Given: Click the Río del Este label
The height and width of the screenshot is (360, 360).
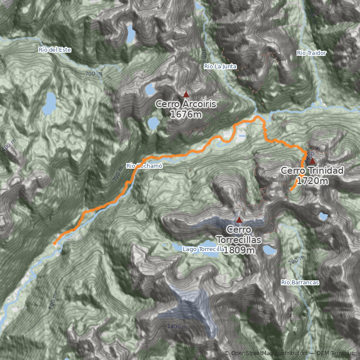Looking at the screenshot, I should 55,49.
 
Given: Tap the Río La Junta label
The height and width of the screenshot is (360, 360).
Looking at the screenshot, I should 220,66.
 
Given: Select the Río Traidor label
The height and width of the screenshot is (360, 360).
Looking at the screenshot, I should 311,53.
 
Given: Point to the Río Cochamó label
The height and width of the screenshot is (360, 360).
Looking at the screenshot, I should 144,166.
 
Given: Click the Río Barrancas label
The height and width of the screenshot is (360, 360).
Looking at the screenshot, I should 300,283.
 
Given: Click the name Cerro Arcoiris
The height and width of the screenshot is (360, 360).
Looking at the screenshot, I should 186,104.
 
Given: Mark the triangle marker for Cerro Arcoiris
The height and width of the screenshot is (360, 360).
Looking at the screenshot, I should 186,94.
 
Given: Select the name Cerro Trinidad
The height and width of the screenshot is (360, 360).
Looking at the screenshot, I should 312,171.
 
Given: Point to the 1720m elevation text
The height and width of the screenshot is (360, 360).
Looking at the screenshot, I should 312,181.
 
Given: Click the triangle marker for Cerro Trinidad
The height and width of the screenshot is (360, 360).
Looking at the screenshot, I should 312,161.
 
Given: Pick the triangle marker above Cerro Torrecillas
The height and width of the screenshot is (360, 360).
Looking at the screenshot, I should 239,220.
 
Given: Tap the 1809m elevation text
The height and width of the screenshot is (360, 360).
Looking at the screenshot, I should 239,250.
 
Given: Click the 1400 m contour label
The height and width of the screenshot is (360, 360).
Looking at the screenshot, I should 177,326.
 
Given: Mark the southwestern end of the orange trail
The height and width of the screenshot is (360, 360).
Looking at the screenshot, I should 54,244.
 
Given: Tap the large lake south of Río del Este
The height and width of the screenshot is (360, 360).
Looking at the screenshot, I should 49,103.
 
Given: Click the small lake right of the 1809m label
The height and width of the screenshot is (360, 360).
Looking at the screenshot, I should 270,250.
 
